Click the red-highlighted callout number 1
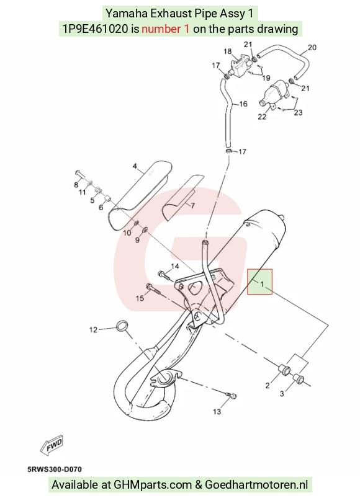262,283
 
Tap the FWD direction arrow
52,443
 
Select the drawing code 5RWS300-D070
55,469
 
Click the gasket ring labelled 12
122,326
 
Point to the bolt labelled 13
232,396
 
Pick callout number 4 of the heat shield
135,166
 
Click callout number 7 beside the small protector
192,206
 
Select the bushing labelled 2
284,370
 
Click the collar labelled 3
298,378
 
